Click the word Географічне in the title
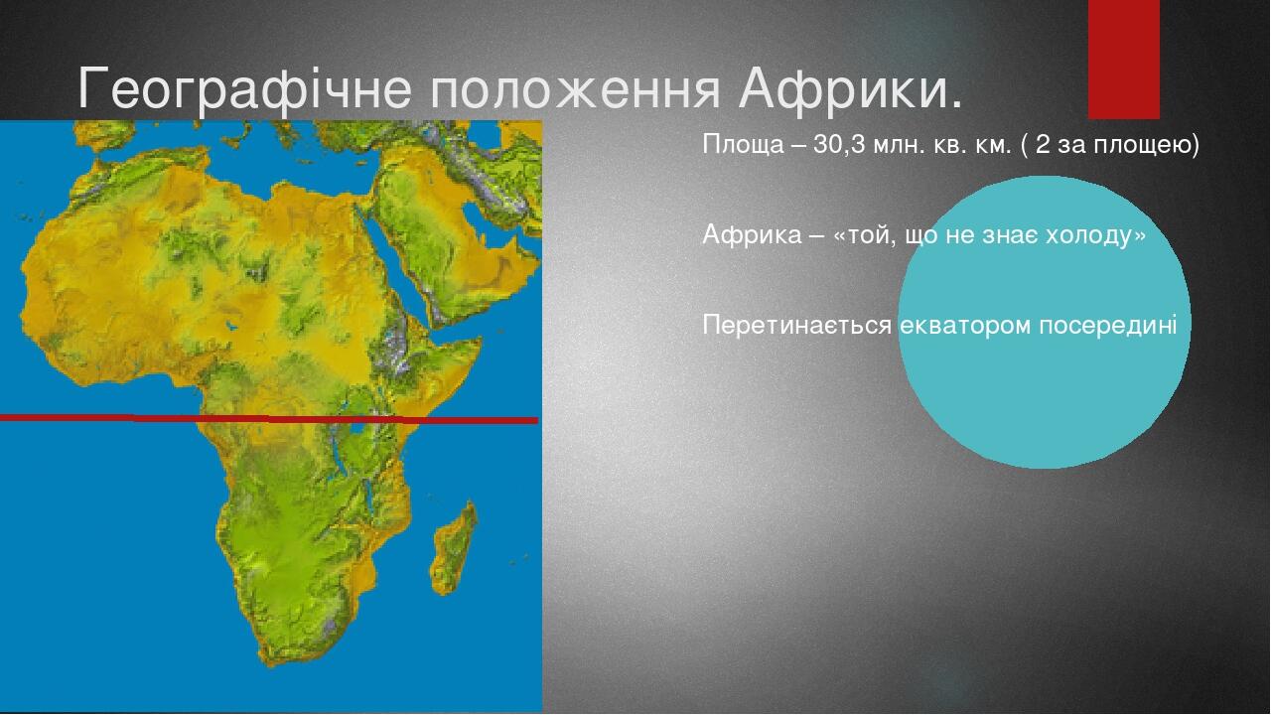244,89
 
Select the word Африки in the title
841,89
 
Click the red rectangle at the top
1123,60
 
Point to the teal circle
1045,322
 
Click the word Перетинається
796,326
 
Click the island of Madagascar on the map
454,548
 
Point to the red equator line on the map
269,419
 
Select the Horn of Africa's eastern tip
482,340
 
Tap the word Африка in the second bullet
752,235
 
